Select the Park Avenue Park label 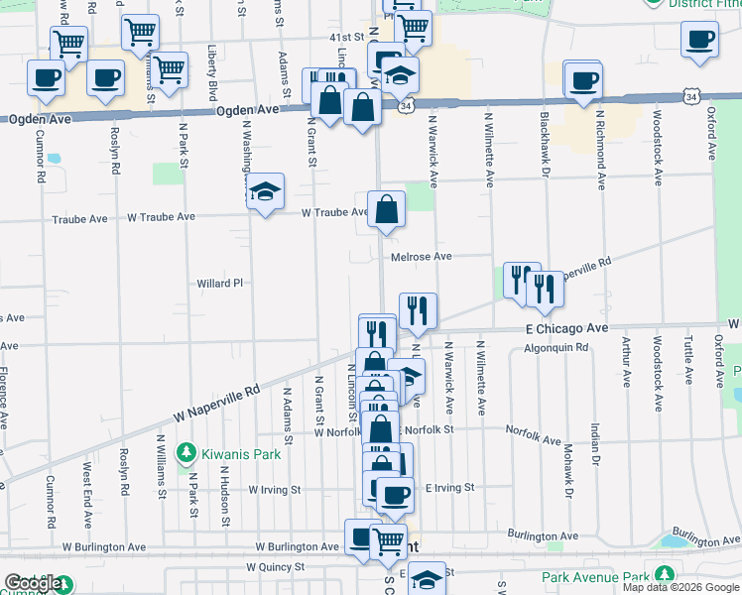(595, 577)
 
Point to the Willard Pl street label (219, 284)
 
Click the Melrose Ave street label (422, 257)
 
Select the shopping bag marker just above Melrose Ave (386, 210)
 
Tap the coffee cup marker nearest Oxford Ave (700, 40)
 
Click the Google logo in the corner (33, 584)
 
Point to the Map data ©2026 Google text (681, 587)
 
